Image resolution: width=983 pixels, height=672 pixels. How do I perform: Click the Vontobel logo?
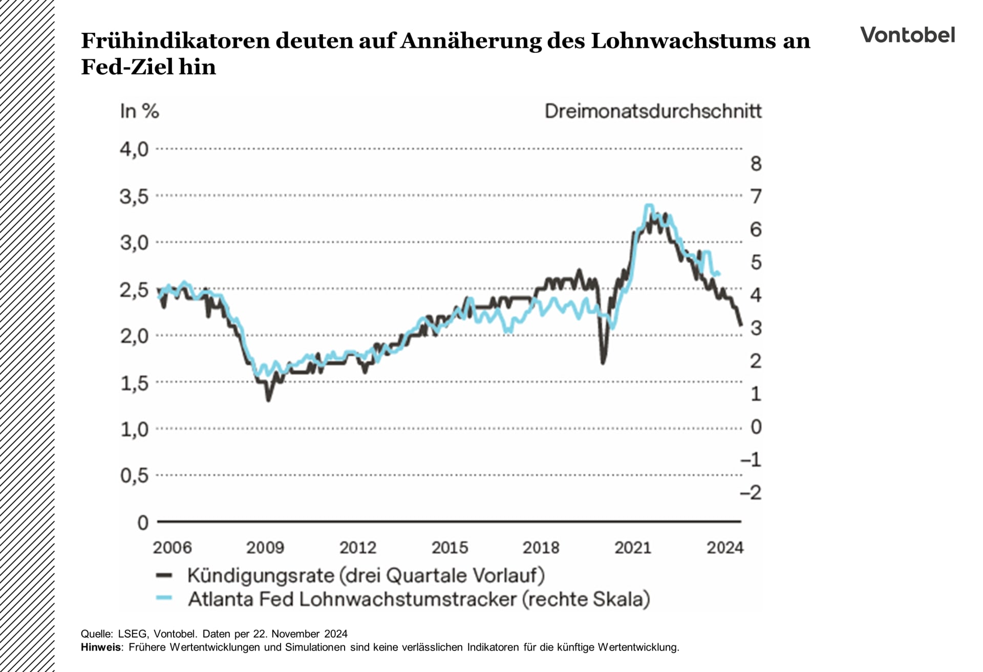[x=907, y=35]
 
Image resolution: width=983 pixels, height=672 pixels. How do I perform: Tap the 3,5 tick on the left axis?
[x=134, y=197]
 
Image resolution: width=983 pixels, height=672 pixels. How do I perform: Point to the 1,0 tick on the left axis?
[x=134, y=429]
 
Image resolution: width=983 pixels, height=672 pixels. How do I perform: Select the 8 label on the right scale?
[x=756, y=164]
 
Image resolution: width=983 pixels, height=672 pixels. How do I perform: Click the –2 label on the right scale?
[x=751, y=492]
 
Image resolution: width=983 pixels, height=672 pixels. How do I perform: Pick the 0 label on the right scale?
[x=756, y=427]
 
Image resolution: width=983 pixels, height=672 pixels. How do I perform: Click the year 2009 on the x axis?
[x=265, y=548]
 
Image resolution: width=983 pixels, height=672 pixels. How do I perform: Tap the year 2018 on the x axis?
[x=541, y=548]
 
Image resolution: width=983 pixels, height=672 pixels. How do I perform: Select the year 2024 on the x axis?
[x=724, y=548]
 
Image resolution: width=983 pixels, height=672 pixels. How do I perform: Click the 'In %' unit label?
[x=139, y=111]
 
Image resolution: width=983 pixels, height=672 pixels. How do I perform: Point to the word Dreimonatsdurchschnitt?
[x=653, y=111]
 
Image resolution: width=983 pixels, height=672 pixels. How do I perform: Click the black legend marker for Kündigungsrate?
[x=164, y=575]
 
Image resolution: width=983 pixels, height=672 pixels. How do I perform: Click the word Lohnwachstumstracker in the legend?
[x=408, y=599]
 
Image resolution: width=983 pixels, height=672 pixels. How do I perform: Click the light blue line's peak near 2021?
[x=649, y=206]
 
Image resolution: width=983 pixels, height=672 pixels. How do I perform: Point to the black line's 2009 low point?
[x=268, y=400]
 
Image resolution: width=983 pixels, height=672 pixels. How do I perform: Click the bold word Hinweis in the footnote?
[x=101, y=647]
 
